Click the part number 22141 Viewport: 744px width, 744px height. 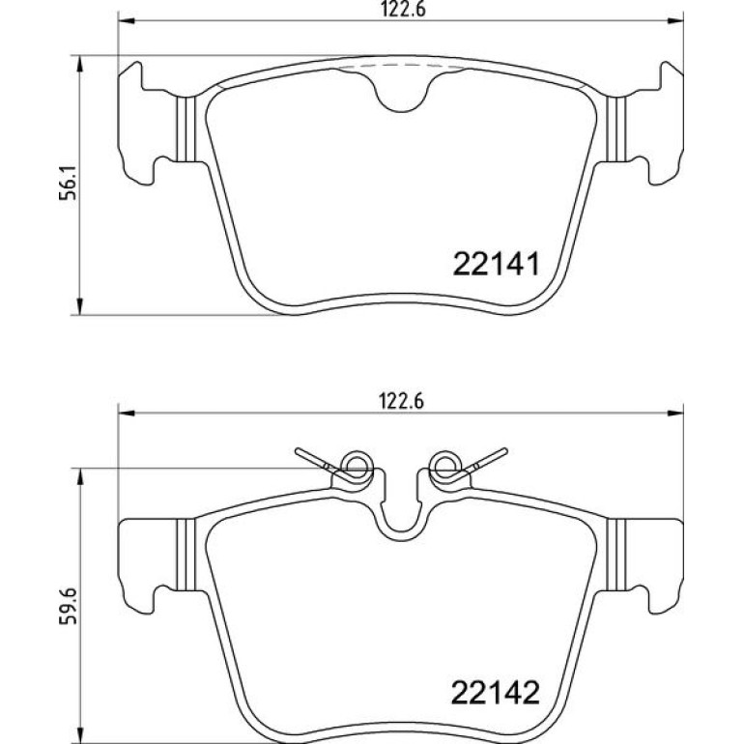tap(497, 264)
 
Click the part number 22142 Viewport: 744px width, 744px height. tap(496, 693)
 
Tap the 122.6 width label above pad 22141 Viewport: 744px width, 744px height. tap(403, 10)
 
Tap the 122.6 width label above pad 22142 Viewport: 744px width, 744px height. tap(401, 402)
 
